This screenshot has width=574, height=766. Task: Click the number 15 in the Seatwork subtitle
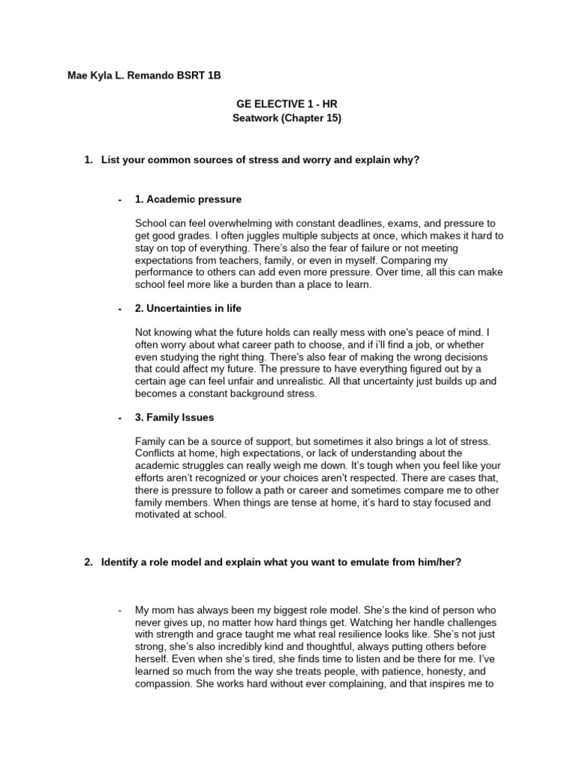coord(330,118)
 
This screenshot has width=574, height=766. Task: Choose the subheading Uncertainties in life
coord(194,308)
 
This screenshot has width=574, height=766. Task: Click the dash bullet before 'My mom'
coord(120,610)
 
